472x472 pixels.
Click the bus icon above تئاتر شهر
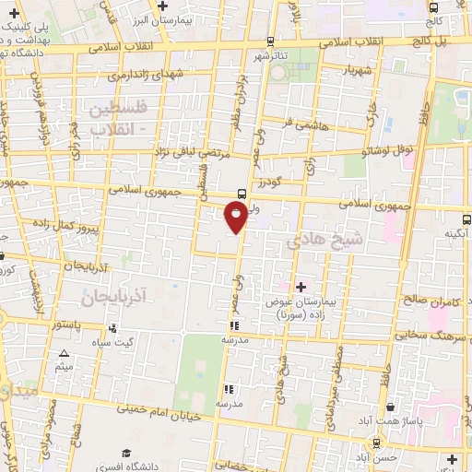(269, 41)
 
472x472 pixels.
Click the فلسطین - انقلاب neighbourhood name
(124, 118)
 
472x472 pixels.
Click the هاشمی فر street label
(300, 121)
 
